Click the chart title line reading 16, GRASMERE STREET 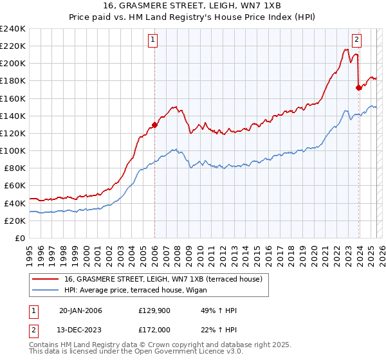(x=192, y=5)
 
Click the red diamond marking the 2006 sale (x=154, y=125)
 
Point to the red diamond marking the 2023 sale (x=358, y=87)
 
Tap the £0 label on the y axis (x=20, y=238)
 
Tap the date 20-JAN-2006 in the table (x=80, y=311)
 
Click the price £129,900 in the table (x=154, y=311)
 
